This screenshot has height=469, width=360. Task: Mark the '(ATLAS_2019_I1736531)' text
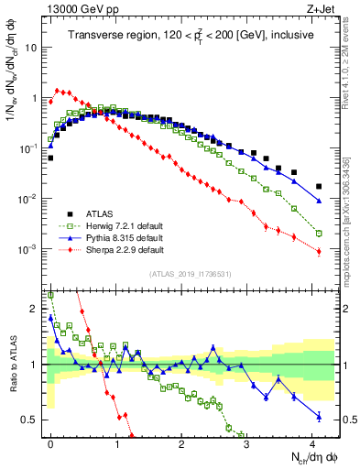(x=191, y=273)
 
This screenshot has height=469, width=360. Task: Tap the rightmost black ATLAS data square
(x=319, y=186)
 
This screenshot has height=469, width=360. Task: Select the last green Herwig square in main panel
(x=319, y=234)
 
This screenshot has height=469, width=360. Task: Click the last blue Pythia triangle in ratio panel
(x=319, y=416)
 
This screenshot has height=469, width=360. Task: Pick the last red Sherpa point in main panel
(x=319, y=253)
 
